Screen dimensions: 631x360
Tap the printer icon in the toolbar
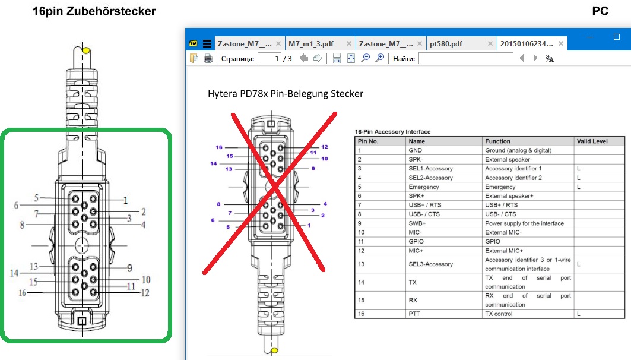coord(208,58)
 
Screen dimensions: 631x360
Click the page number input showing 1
coord(269,58)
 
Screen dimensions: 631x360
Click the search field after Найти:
coord(467,58)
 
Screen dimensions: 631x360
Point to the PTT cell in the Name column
coord(414,314)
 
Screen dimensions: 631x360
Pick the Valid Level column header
coord(592,141)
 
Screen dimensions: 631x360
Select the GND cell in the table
coord(415,150)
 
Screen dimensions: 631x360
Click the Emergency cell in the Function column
coord(500,187)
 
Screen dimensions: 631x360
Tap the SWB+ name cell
coord(417,223)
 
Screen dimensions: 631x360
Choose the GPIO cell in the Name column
coord(416,241)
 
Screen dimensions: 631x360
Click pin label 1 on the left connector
coord(126,200)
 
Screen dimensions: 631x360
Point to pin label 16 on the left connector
coord(22,293)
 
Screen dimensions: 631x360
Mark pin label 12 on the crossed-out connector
coord(324,147)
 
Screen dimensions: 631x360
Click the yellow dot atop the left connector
coord(85,50)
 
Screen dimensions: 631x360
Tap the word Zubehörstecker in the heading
coord(111,11)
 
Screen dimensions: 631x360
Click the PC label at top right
coord(600,11)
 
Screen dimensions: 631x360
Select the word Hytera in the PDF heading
coord(223,94)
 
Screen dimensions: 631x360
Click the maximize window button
coord(617,37)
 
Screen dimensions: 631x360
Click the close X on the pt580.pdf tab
coord(490,43)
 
